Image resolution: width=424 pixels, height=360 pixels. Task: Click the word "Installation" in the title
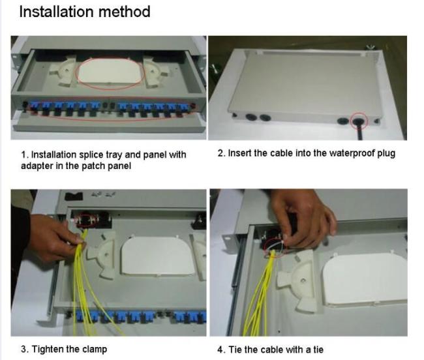pos(57,12)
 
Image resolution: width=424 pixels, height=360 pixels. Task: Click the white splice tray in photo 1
pos(110,72)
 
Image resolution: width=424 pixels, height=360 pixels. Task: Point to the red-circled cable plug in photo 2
pos(359,121)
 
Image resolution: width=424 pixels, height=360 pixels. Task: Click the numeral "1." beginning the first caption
pos(25,155)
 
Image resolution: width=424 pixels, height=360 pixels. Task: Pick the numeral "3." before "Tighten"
pos(25,349)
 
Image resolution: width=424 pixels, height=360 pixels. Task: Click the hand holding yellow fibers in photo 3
pos(54,238)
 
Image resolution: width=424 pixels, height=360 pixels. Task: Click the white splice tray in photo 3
pos(157,257)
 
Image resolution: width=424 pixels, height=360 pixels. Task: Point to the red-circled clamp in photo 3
pos(87,220)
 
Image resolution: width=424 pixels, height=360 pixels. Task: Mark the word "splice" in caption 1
pos(91,155)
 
